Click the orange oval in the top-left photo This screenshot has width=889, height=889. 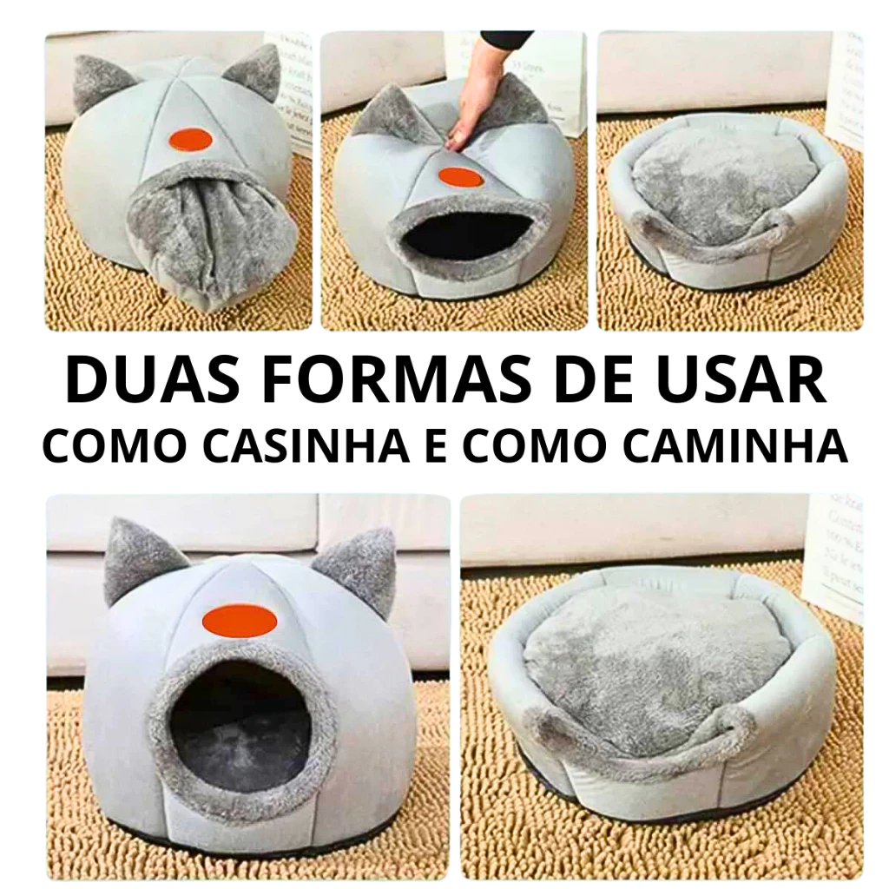click(x=191, y=140)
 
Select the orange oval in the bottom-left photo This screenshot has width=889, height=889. click(x=240, y=619)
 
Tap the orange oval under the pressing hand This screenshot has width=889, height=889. click(x=459, y=177)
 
